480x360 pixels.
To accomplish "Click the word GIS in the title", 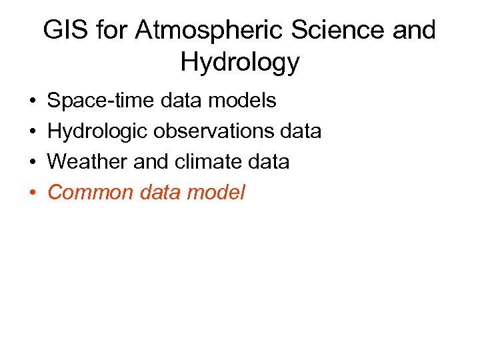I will click(x=65, y=31).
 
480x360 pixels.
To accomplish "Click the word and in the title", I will click(x=413, y=31).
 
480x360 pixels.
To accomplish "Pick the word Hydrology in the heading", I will click(x=240, y=63).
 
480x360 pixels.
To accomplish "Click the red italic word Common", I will click(x=90, y=193).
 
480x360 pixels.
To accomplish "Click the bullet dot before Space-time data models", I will click(x=33, y=101).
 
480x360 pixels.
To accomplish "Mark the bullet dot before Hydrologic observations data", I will click(x=33, y=132).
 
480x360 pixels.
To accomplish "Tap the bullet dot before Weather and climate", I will click(x=33, y=163).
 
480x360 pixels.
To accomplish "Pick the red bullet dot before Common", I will click(x=33, y=193).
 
